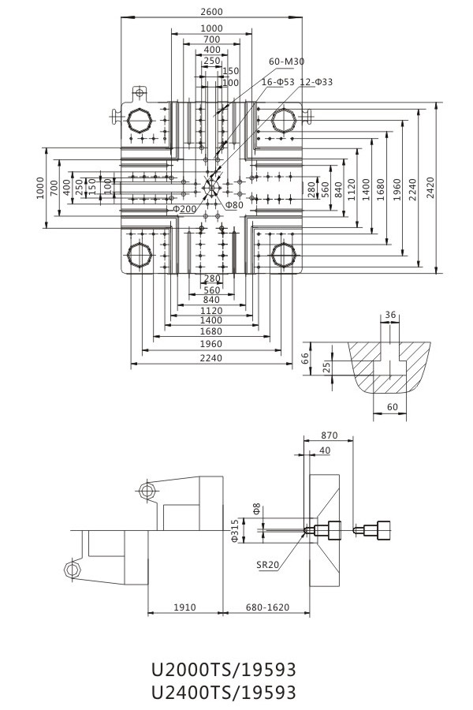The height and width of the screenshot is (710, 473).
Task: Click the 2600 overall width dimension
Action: click(x=211, y=12)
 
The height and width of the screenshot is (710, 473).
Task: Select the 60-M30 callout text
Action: click(x=286, y=61)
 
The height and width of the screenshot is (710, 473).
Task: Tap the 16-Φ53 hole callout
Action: click(x=278, y=82)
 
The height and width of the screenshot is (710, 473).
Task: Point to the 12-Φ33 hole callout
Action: click(x=316, y=82)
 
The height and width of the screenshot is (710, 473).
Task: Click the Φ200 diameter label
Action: click(x=184, y=209)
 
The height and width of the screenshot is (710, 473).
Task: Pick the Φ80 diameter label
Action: click(x=234, y=205)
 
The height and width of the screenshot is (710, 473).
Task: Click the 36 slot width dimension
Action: click(x=390, y=314)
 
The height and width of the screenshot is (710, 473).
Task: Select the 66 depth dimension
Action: click(x=306, y=358)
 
